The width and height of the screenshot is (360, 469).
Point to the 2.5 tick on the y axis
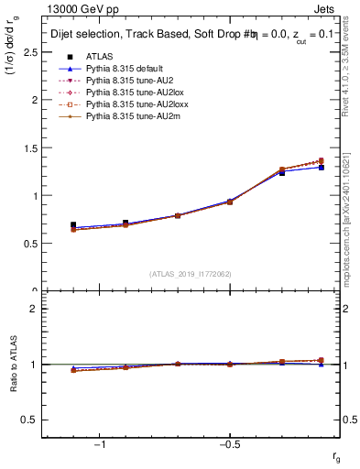28,52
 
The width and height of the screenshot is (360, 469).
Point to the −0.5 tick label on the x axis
228,444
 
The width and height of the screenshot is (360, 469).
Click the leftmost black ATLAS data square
73,225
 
